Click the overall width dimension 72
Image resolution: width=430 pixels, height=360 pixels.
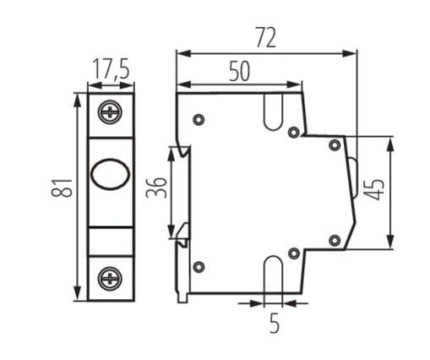(x=265, y=37)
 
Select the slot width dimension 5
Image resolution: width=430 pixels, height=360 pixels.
(x=274, y=322)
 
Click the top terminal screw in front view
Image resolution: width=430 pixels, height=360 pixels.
(x=111, y=111)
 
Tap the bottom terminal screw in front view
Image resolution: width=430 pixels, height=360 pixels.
(x=111, y=276)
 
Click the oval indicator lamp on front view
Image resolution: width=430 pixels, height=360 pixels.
(x=110, y=176)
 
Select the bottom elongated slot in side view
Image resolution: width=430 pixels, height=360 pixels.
(x=274, y=274)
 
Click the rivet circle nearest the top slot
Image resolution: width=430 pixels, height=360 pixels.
(x=293, y=131)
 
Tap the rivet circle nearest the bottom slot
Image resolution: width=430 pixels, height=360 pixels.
(x=293, y=254)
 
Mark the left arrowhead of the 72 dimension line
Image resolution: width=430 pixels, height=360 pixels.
(x=181, y=53)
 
